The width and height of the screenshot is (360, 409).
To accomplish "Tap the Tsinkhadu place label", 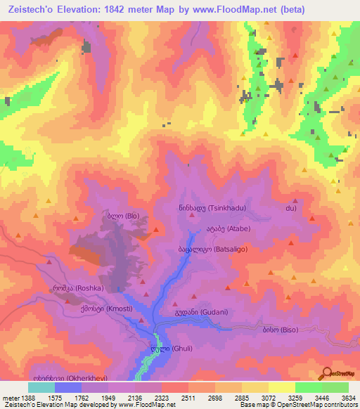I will [212, 208].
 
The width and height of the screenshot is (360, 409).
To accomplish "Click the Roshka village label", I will [78, 288].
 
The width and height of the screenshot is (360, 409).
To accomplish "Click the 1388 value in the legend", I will [21, 398].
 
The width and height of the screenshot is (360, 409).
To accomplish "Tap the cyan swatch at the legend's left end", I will [41, 387].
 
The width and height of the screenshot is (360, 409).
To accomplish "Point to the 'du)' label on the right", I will [290, 209].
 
